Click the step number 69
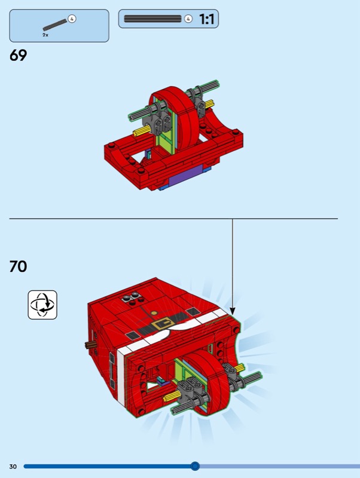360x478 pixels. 18,55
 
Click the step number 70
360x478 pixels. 18,266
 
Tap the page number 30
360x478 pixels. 13,467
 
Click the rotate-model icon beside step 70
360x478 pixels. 42,305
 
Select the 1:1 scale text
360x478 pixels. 206,19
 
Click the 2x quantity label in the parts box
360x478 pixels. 45,35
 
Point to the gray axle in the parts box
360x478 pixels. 55,25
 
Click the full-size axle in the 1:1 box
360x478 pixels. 152,19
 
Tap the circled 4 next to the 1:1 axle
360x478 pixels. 188,19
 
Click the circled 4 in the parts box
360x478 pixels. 72,19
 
